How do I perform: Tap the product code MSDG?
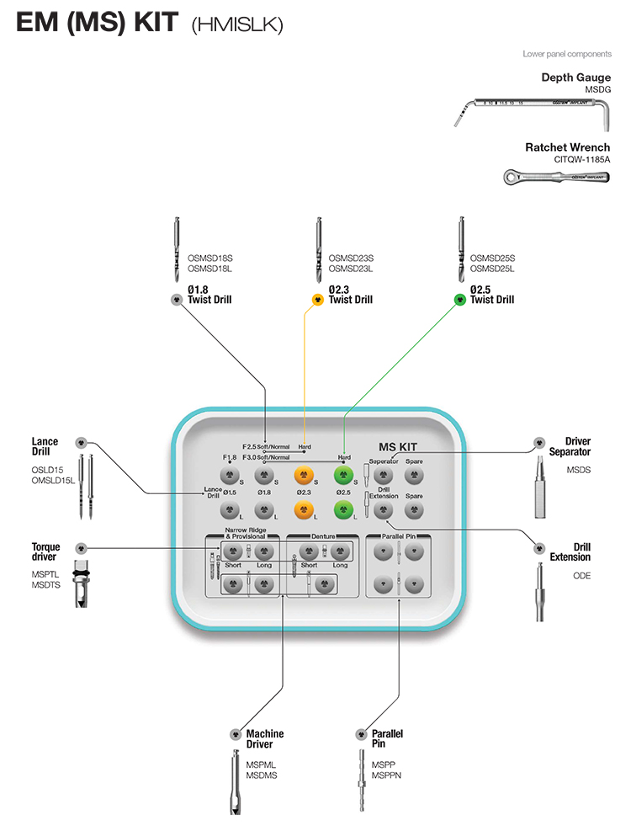[597, 89]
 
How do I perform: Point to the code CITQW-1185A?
[582, 158]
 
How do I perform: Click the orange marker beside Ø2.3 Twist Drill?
[317, 300]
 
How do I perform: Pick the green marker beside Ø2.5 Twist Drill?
[459, 300]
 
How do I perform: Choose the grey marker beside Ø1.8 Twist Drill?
[176, 300]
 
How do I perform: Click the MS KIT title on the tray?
[398, 447]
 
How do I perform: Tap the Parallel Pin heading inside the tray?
[399, 536]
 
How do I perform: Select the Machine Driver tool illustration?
[236, 783]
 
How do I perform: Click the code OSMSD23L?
[351, 269]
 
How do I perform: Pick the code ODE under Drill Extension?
[582, 576]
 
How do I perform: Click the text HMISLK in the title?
[237, 25]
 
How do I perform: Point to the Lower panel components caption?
[567, 55]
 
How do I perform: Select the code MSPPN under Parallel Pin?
[386, 775]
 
